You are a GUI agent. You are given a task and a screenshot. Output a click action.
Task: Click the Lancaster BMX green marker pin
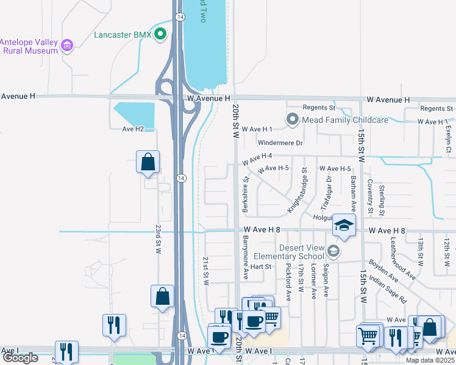click(x=160, y=34)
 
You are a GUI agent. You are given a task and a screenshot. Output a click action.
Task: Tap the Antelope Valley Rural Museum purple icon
click(x=67, y=44)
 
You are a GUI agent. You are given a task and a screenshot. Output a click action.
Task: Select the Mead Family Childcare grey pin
click(x=293, y=120)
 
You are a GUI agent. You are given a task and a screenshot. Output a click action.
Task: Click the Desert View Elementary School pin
click(x=332, y=251)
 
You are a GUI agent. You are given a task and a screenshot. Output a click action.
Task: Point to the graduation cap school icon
click(x=344, y=225)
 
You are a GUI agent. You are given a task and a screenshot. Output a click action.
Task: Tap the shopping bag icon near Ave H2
click(x=148, y=162)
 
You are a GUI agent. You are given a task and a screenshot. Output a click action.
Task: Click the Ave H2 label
click(x=133, y=128)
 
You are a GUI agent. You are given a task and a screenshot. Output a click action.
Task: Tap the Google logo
click(x=20, y=358)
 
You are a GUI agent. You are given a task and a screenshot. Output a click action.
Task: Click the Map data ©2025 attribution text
click(x=430, y=360)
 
